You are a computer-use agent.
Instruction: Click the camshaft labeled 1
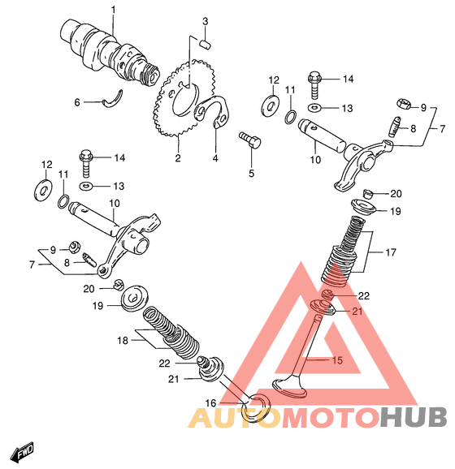pos(110,54)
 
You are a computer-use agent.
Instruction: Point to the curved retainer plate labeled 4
pos(213,111)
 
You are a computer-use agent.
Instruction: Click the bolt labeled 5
pos(250,140)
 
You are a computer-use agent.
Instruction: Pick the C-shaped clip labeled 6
pos(113,98)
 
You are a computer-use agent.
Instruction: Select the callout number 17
pos(391,252)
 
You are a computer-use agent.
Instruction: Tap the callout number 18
pos(123,340)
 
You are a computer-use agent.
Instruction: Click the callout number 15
pos(337,360)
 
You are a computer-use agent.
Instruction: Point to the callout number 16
pos(210,403)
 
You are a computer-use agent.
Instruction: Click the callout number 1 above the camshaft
pos(113,11)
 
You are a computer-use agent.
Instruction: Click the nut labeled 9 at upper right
pos(403,104)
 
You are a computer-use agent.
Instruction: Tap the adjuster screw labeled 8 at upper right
pos(395,127)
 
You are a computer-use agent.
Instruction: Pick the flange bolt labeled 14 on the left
pos(86,163)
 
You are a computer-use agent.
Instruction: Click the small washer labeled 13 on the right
pos(314,107)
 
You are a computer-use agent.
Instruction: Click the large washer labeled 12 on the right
pos(270,105)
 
